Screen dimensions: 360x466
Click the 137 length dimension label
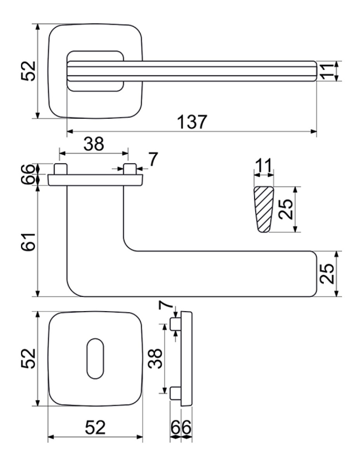(x=192, y=122)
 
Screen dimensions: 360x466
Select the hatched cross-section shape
(x=264, y=210)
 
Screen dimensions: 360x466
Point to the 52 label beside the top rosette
(x=28, y=71)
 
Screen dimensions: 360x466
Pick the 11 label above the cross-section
(x=264, y=165)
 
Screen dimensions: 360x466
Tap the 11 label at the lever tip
(x=327, y=71)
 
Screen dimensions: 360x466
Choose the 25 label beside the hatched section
(x=286, y=209)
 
